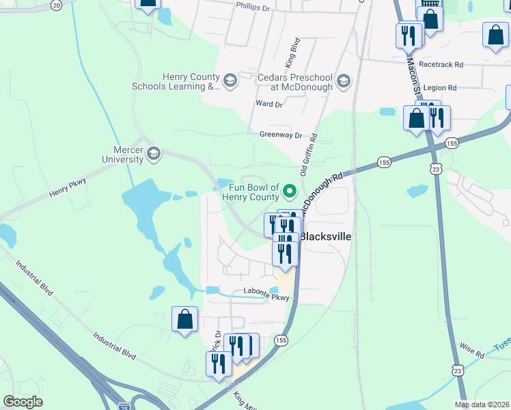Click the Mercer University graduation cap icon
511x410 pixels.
click(154, 152)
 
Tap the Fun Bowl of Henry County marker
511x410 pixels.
click(290, 191)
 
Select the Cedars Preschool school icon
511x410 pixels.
click(343, 82)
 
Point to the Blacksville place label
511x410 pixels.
click(326, 236)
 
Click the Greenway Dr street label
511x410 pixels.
click(280, 135)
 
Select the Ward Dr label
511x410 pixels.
click(268, 104)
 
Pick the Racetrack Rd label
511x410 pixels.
click(441, 64)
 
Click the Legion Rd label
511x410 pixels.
click(439, 87)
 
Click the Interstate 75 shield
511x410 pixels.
click(124, 406)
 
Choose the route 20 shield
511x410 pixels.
click(56, 5)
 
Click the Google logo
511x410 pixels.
click(23, 402)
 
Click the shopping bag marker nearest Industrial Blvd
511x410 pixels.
click(185, 319)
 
